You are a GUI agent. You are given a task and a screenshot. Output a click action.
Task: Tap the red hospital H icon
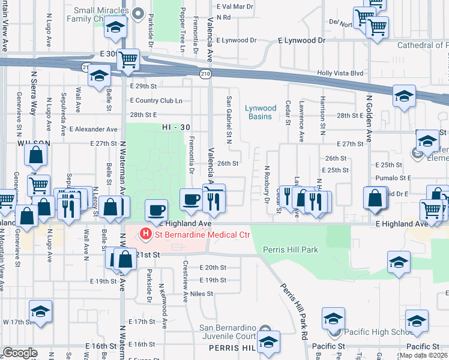[x=145, y=233]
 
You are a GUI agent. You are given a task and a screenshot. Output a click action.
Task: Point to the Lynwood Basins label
[x=261, y=112]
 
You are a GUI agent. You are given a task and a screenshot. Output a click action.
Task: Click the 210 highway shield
[x=205, y=73]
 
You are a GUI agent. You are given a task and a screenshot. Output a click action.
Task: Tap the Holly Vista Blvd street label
[x=341, y=73]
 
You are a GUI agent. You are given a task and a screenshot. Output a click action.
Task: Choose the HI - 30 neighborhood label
[x=176, y=128]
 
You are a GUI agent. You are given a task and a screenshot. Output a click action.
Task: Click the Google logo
[x=20, y=353]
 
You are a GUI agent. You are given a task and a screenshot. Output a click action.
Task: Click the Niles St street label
[x=202, y=293]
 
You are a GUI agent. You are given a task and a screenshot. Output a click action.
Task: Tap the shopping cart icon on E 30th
[x=128, y=59]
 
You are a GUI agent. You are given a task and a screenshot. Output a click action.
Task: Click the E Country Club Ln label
[x=156, y=100]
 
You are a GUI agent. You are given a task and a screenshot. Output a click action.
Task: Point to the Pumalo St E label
[x=393, y=178]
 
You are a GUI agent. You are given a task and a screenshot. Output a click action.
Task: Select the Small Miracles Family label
[x=101, y=15]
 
